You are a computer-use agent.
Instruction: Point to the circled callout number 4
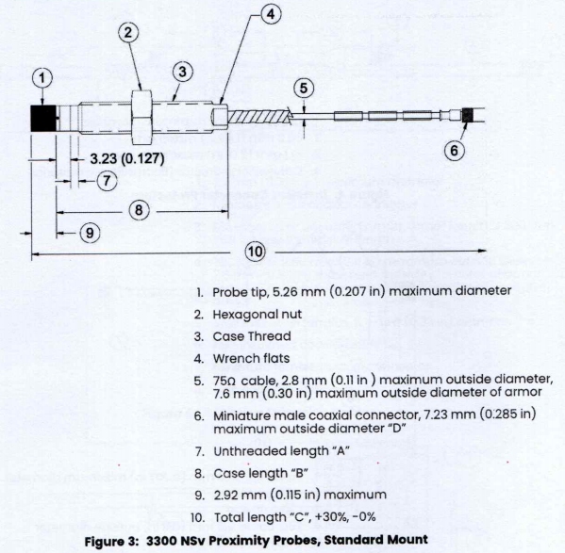(270, 16)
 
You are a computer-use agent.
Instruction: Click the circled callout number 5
(303, 89)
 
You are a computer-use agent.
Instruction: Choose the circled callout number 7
(107, 179)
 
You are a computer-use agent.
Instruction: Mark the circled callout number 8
(138, 210)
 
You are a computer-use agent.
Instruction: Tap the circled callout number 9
(88, 231)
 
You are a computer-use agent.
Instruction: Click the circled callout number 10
(255, 252)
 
